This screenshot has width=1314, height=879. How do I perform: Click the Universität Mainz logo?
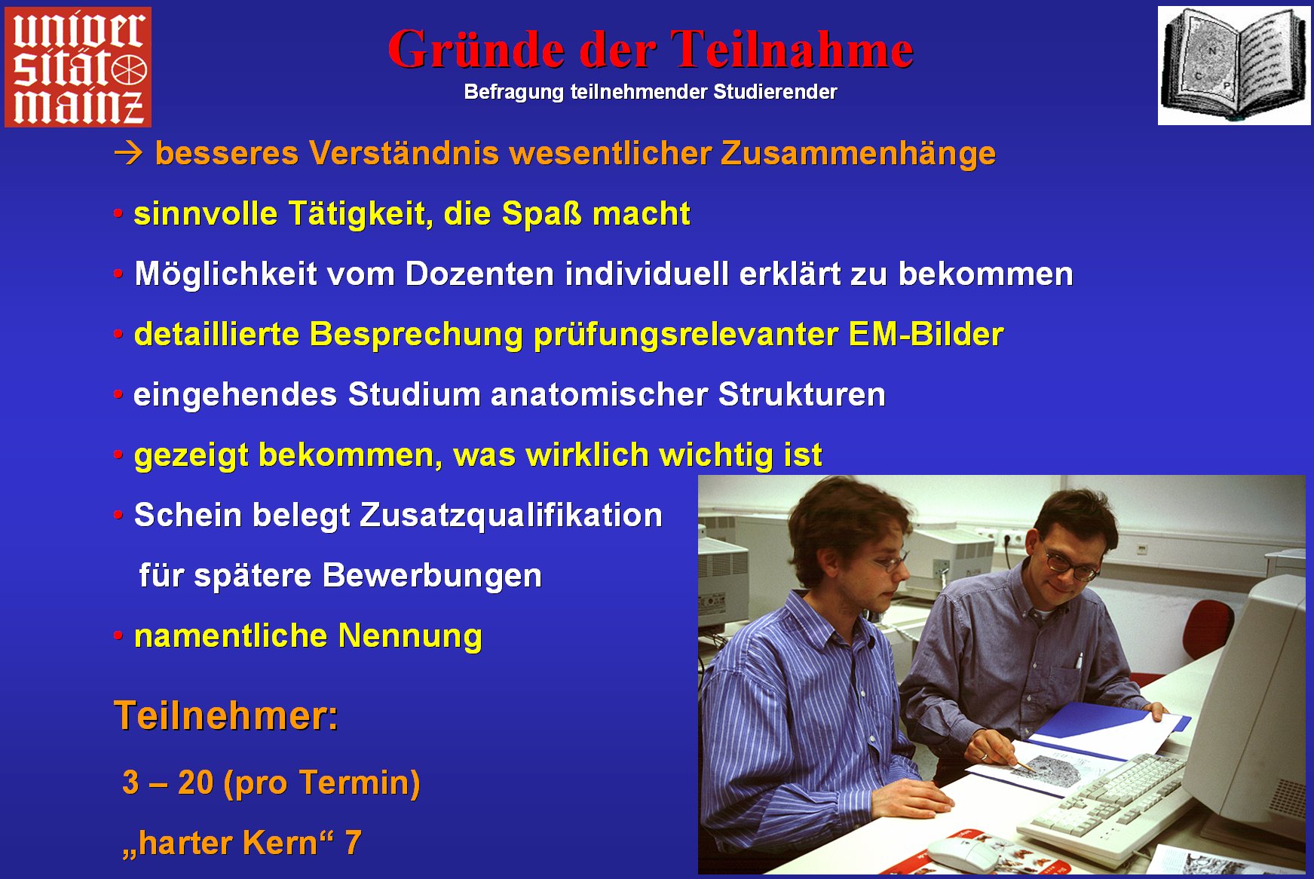[x=78, y=66]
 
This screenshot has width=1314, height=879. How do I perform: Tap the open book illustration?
[x=1234, y=66]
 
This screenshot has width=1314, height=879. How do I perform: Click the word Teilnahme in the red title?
[x=792, y=50]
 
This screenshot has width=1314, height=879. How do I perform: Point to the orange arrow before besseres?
[x=128, y=153]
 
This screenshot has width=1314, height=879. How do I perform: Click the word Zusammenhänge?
[x=858, y=153]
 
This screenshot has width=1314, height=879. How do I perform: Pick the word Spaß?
[x=542, y=214]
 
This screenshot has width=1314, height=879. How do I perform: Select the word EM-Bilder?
[x=926, y=334]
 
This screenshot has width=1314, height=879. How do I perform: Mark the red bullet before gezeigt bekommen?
[x=118, y=455]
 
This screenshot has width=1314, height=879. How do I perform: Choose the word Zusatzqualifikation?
[x=511, y=516]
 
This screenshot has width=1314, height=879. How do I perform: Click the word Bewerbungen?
[x=432, y=576]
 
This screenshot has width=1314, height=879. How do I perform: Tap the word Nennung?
[x=410, y=636]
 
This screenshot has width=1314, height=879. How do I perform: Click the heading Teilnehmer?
[x=226, y=715]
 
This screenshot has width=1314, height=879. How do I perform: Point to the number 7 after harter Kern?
[x=353, y=843]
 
